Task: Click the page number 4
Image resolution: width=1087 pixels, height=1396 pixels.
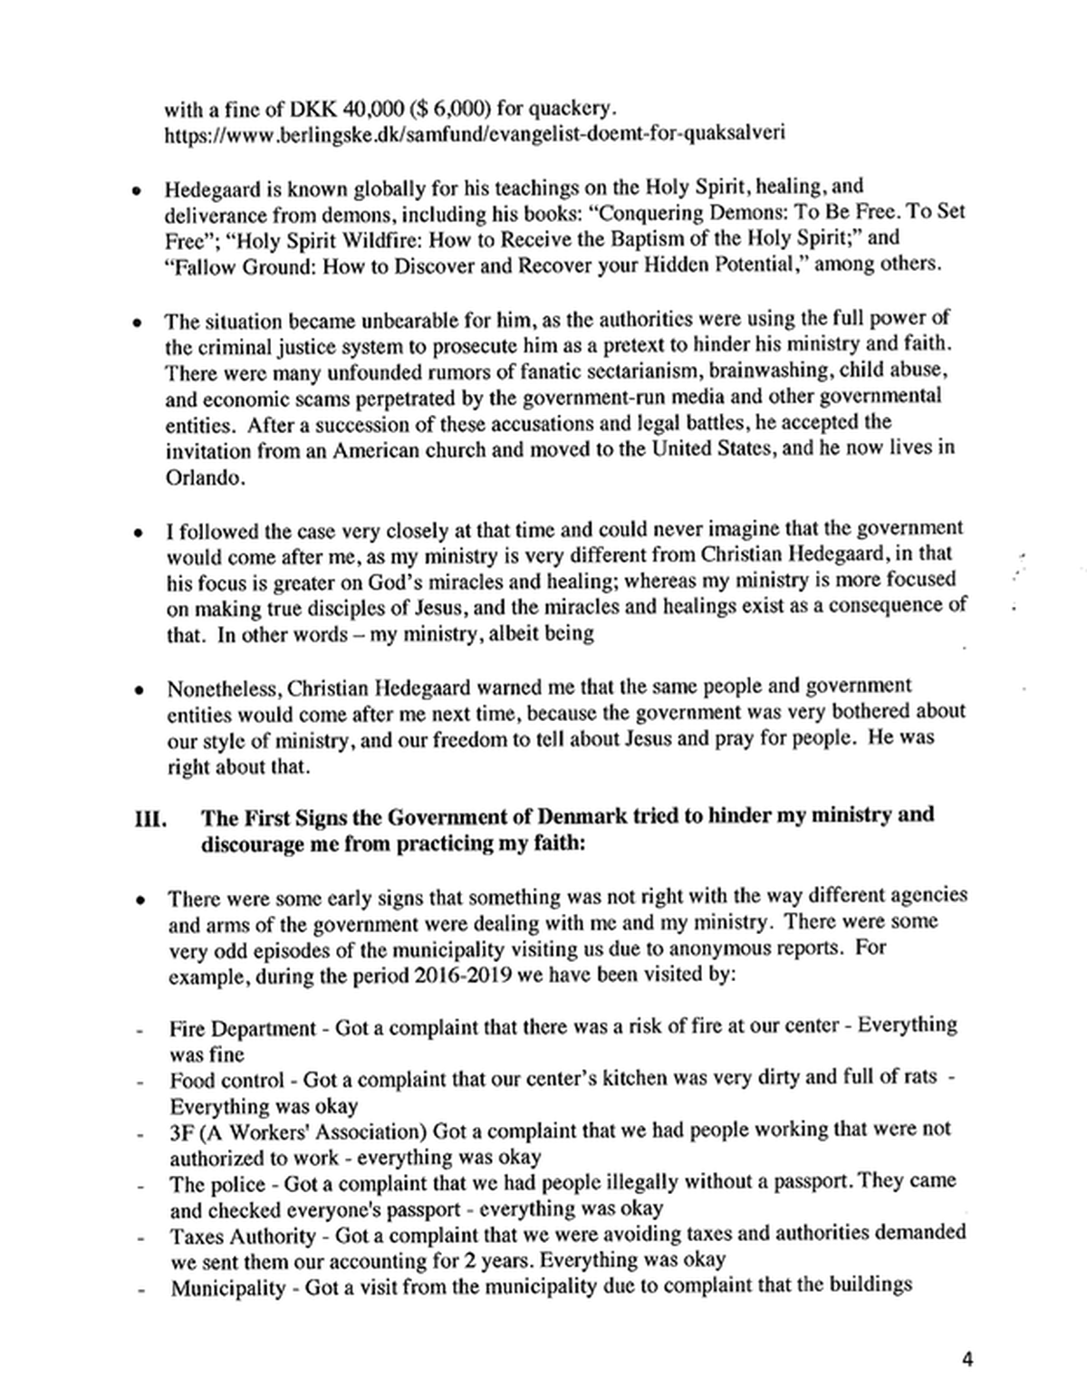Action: pos(967,1359)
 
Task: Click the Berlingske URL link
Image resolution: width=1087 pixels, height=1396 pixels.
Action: pos(474,134)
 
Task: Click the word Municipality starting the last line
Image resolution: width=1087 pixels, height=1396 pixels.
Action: pos(226,1286)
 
